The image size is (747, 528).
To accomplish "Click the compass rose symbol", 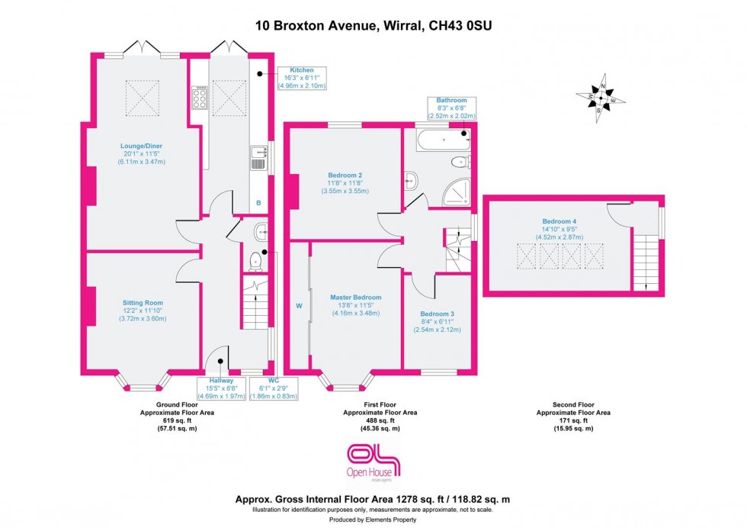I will (x=601, y=98).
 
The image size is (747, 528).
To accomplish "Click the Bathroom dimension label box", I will (x=446, y=109).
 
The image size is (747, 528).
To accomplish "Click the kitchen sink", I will (x=257, y=160).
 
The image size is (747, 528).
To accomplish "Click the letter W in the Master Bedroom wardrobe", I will (x=299, y=309).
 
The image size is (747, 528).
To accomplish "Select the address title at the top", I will (x=373, y=25).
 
